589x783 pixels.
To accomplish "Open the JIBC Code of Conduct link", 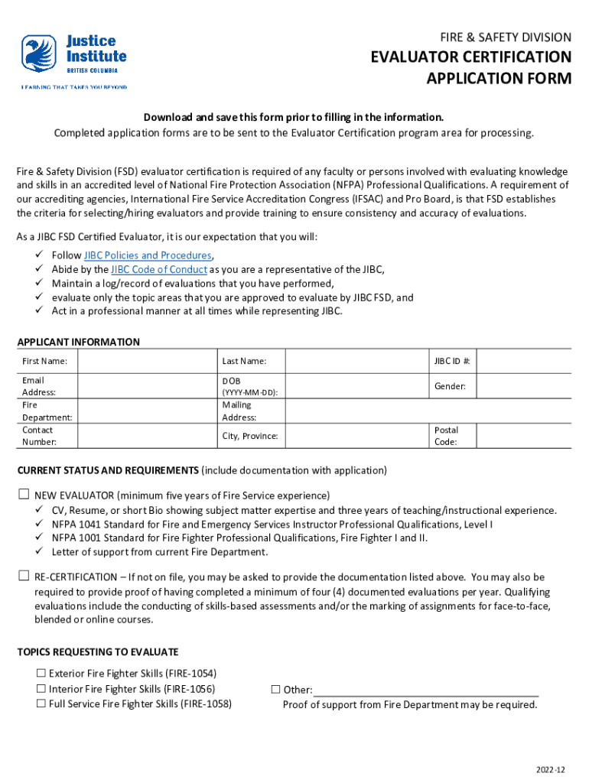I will pyautogui.click(x=159, y=269).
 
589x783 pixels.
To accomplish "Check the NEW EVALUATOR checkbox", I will pyautogui.click(x=24, y=495).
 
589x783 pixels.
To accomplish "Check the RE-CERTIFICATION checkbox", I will pyautogui.click(x=24, y=577).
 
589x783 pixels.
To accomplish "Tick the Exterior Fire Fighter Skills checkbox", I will pyautogui.click(x=41, y=674).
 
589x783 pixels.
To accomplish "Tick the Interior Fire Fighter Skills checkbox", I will pyautogui.click(x=41, y=689).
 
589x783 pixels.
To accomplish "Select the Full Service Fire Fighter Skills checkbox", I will pyautogui.click(x=41, y=703).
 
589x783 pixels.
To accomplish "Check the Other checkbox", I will pyautogui.click(x=276, y=690).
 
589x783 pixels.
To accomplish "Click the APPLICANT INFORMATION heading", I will pyautogui.click(x=78, y=342).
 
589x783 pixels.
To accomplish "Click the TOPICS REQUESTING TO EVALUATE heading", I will pyautogui.click(x=97, y=652).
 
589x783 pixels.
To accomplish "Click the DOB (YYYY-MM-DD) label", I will pyautogui.click(x=249, y=386).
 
